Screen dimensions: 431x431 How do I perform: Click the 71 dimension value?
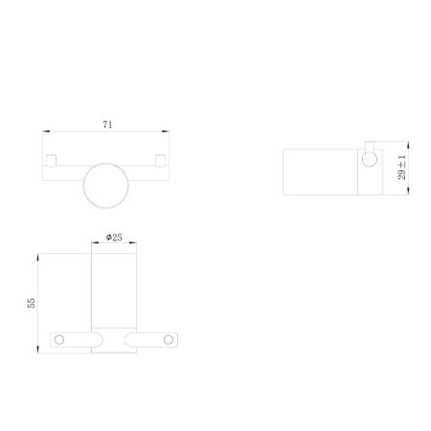tap(107, 124)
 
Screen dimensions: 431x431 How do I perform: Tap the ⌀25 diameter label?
tap(113, 237)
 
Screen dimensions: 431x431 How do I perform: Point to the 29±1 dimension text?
tap(402, 170)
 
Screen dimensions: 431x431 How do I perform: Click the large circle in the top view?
tap(106, 185)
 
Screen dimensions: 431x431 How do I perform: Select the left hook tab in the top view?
tap(54, 158)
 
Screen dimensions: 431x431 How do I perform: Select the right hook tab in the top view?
tap(159, 158)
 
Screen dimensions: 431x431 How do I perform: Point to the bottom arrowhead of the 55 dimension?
tap(38, 349)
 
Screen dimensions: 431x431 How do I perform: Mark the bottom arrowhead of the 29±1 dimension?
tap(409, 190)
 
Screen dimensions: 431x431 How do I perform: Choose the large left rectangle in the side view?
tap(321, 170)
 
